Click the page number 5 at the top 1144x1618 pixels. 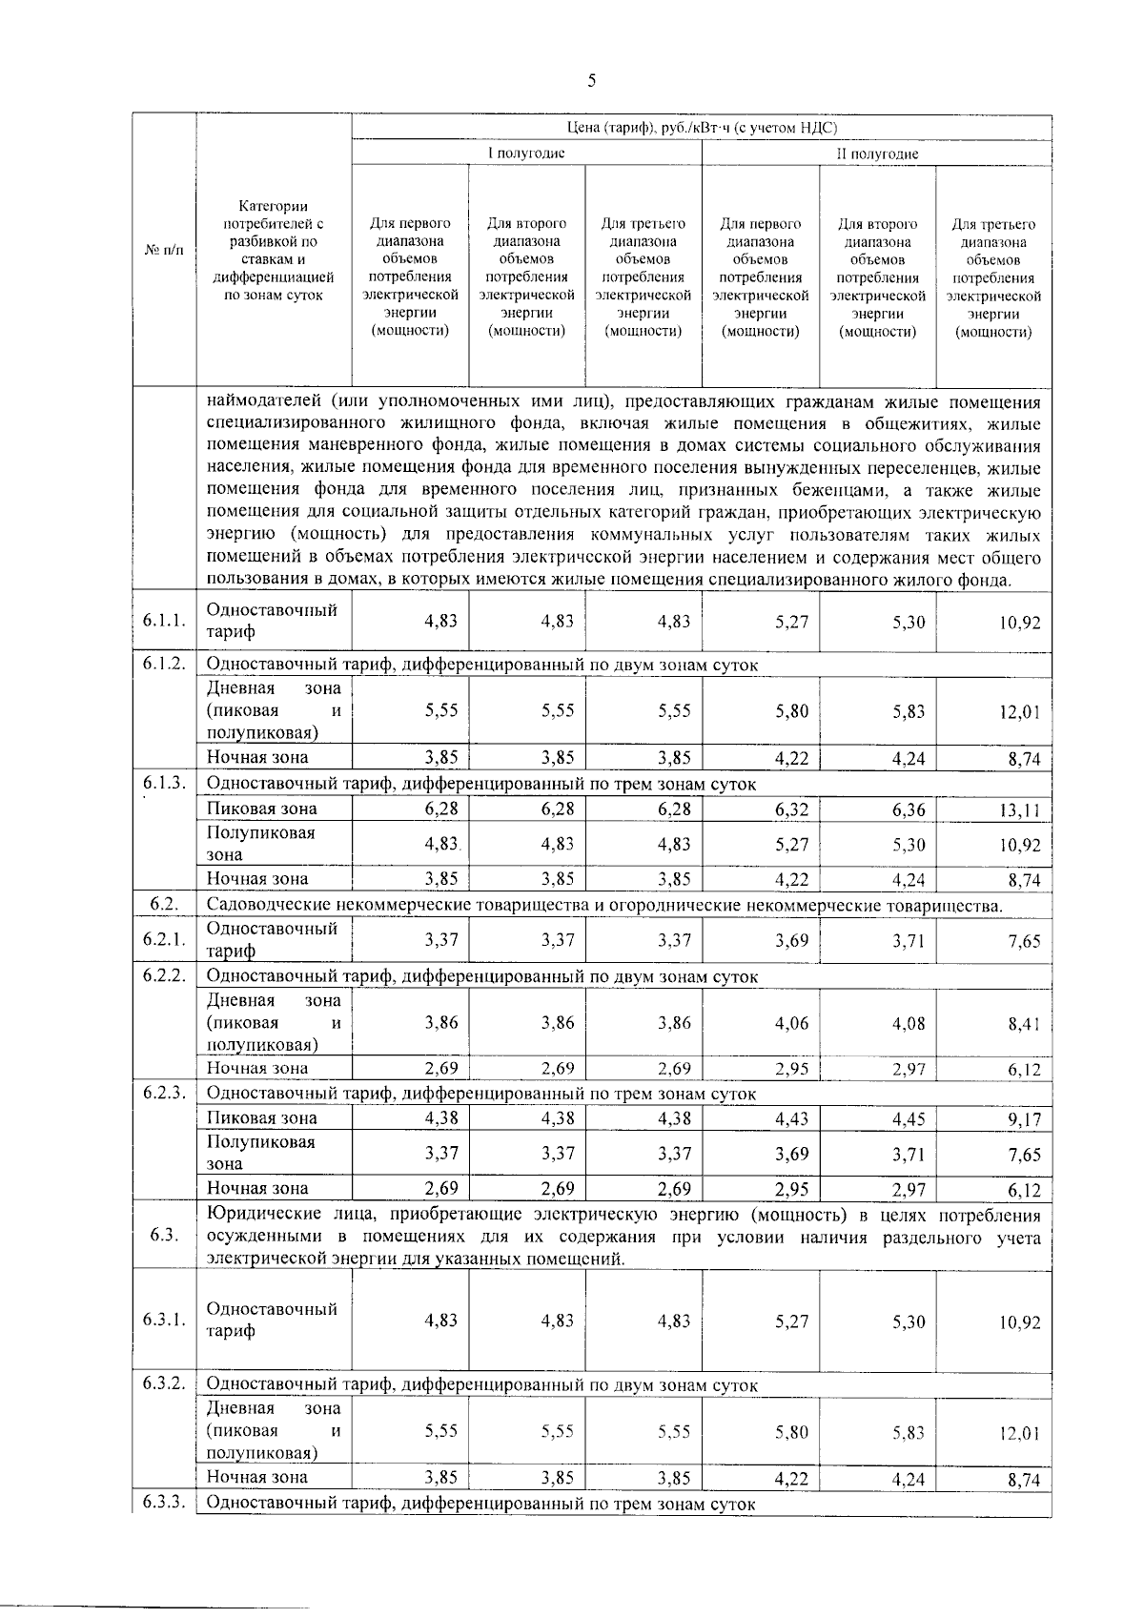(x=591, y=81)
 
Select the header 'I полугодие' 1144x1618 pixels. (x=526, y=154)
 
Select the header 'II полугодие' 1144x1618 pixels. (x=877, y=154)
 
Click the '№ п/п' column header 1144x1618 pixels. (x=163, y=251)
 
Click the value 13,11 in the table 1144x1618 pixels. (x=1019, y=810)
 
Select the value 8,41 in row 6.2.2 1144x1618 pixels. (x=1024, y=1025)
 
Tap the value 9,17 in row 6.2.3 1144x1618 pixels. (x=1025, y=1119)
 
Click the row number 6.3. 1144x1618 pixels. (x=164, y=1237)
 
